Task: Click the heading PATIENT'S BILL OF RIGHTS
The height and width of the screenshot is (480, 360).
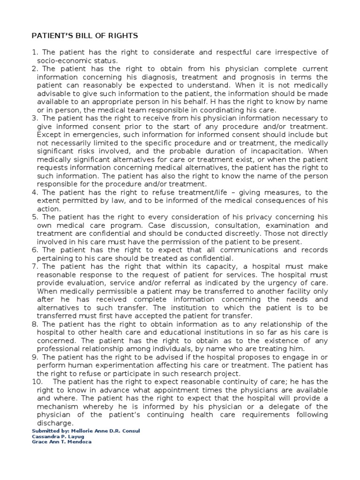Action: (x=84, y=36)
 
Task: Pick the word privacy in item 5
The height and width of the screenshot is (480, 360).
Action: (x=262, y=217)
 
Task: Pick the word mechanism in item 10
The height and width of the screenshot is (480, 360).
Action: (x=60, y=406)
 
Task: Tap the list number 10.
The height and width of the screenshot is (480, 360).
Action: (x=37, y=382)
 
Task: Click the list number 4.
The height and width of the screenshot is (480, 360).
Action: (x=35, y=193)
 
